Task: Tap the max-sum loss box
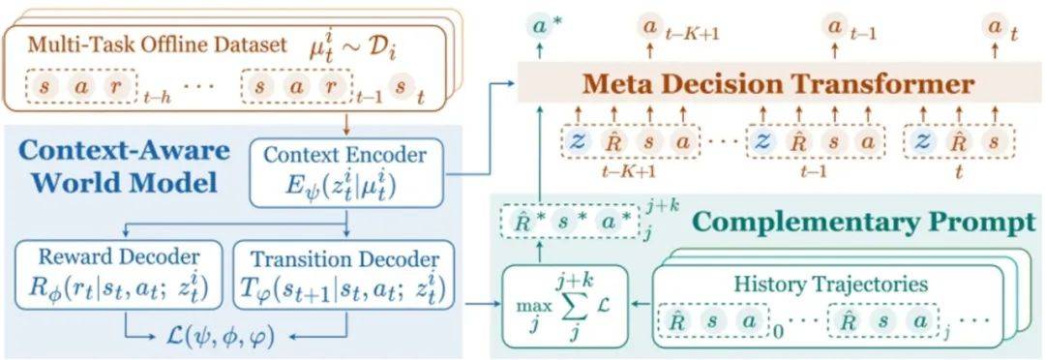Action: [560, 305]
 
